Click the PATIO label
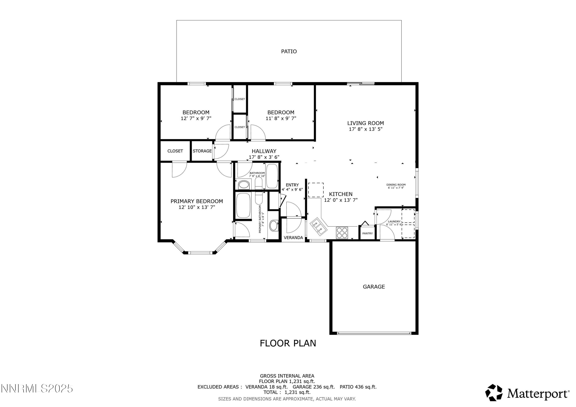289,51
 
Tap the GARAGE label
374,287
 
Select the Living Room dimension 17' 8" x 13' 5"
366,129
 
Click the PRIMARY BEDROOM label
197,201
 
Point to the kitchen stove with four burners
342,233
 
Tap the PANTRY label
367,234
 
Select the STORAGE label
202,151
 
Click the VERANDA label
293,238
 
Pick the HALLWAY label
264,151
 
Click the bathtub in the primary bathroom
243,205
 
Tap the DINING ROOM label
396,185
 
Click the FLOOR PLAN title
288,343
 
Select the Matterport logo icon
493,393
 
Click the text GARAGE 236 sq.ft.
314,387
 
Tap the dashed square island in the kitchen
316,190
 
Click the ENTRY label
292,185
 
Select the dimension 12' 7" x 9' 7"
196,118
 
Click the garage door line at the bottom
374,333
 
